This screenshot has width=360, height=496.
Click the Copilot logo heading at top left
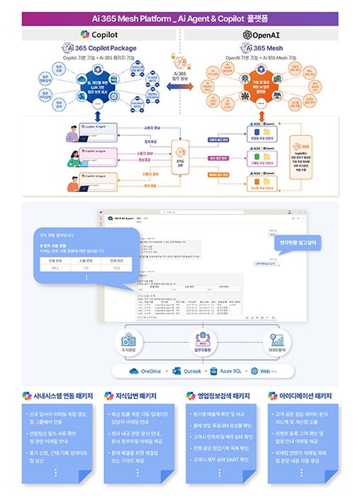[x=99, y=34]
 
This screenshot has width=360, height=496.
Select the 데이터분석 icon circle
[x=277, y=338]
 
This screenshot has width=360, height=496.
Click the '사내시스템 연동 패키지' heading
[x=57, y=396]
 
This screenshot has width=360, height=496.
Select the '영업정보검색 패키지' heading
[x=221, y=396]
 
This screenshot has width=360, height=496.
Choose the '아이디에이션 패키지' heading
[x=305, y=396]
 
